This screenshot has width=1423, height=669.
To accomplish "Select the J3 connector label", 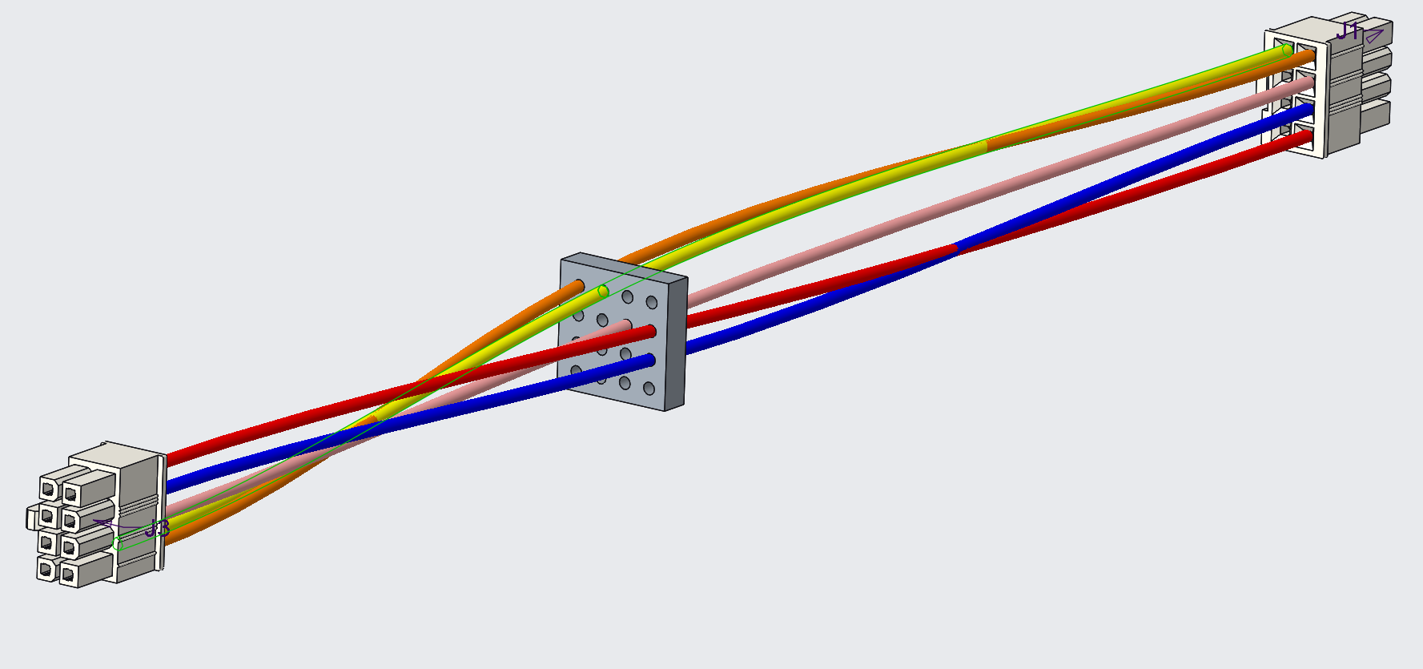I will pos(158,529).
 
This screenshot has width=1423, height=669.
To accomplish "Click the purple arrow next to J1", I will pos(1375,36).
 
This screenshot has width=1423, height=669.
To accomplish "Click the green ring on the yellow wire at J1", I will pos(1287,50).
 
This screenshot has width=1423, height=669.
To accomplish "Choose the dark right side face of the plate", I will pos(676,345).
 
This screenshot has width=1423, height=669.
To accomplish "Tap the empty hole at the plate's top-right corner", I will pos(651,303).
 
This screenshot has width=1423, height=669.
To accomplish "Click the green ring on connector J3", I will pos(118,544).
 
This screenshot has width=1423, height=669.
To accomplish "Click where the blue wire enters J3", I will pos(169,485).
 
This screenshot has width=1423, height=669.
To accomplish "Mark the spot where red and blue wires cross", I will pos(955,248).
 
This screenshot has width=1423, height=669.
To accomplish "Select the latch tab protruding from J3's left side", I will pos(31,517).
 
